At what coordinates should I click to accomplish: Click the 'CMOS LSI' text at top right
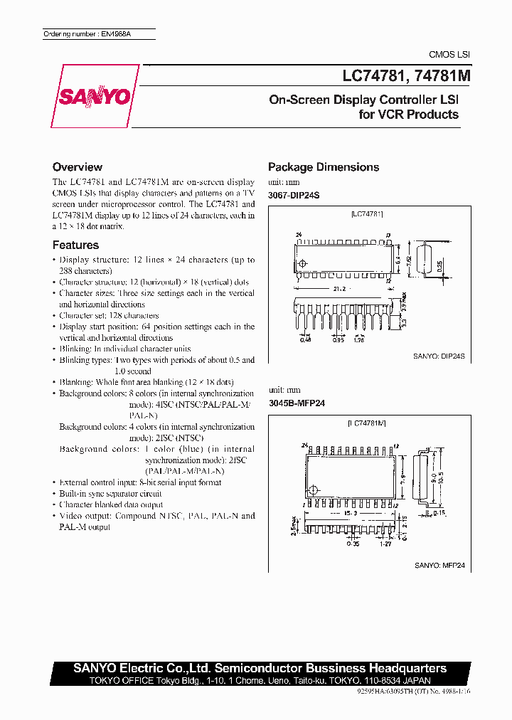449,55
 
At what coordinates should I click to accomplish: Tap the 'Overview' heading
78,167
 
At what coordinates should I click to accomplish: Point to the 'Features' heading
75,245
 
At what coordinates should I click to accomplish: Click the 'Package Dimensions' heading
323,167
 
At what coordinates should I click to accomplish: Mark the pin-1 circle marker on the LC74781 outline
304,265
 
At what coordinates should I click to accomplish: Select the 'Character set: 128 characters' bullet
109,315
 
